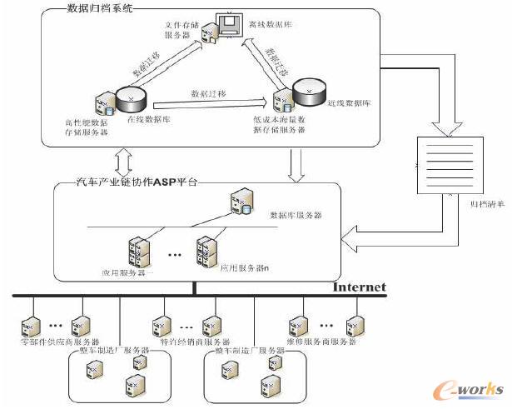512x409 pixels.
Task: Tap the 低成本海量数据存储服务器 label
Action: (x=283, y=125)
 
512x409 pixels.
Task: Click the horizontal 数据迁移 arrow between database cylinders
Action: (x=211, y=103)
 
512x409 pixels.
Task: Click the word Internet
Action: (x=359, y=287)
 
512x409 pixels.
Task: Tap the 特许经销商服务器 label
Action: (x=194, y=342)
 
